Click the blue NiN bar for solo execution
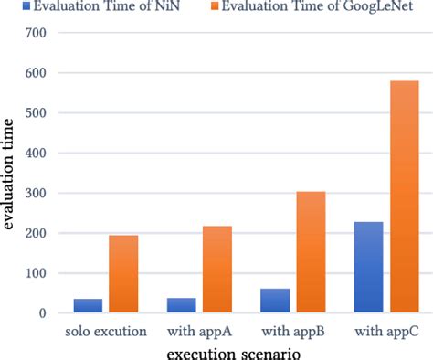pos(89,306)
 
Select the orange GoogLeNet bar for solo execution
pos(123,274)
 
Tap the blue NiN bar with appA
pos(182,305)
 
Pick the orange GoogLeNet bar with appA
pos(217,270)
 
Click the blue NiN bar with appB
pos(275,301)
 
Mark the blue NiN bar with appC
pos(368,268)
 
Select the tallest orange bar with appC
pos(404,196)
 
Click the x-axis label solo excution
pos(106,330)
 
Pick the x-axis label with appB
pos(293,330)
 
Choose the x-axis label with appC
pos(386,330)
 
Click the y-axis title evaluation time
pos(10,174)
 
